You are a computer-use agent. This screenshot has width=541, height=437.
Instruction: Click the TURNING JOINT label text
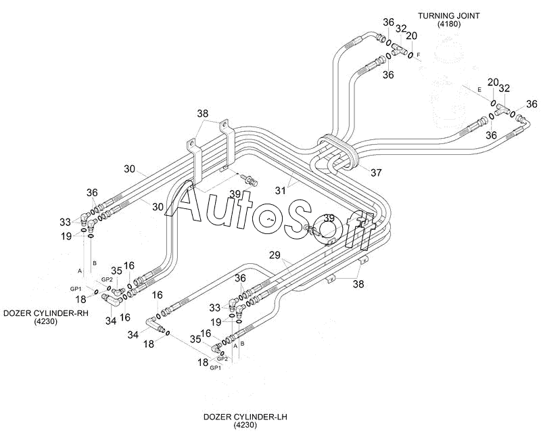tap(448, 16)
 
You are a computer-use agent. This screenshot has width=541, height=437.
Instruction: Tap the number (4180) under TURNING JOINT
tap(448, 24)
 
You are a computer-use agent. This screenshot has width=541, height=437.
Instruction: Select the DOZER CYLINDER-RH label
tap(45, 313)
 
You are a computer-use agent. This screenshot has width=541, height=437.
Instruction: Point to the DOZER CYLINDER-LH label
tap(245, 417)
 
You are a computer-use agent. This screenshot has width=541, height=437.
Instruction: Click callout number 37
tap(376, 172)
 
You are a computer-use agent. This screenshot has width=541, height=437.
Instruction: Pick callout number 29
tap(275, 256)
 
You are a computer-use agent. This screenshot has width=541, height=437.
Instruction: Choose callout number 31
tap(280, 190)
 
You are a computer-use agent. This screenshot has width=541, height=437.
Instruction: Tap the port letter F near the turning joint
tap(419, 55)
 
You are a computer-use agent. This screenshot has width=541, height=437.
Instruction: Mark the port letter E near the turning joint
tap(479, 90)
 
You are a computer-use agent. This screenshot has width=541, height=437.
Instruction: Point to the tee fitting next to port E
tap(502, 110)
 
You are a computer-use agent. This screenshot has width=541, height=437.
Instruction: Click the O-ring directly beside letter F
tap(410, 55)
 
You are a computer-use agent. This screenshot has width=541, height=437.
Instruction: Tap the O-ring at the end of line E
tap(494, 103)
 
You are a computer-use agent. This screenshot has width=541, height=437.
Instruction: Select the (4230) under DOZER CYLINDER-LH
tap(245, 425)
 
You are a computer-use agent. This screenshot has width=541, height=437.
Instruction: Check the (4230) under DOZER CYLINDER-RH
tap(45, 321)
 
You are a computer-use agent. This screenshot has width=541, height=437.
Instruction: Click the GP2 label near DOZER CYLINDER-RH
tap(107, 279)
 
